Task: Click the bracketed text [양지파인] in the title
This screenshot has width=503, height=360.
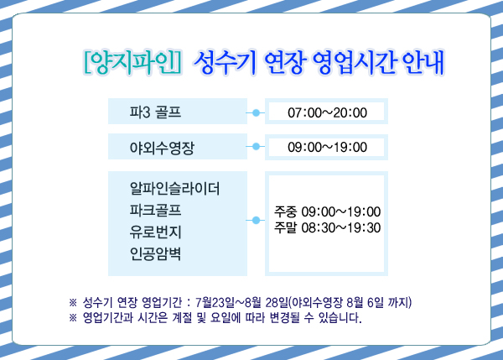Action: click(132, 62)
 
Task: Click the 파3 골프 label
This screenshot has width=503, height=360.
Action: click(155, 112)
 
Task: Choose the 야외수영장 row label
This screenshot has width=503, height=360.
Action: click(162, 148)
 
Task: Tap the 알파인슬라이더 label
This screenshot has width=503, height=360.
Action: click(175, 188)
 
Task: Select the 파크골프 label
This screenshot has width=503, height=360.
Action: click(155, 211)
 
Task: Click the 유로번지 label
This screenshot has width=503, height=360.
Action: click(155, 232)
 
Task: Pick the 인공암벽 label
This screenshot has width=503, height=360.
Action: click(155, 253)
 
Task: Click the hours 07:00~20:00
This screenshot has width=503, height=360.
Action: click(327, 112)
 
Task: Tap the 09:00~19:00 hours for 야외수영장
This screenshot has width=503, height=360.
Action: click(327, 147)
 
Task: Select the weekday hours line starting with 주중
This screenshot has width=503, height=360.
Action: click(327, 211)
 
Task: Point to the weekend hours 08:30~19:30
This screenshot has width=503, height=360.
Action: click(341, 227)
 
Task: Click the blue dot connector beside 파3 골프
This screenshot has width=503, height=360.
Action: click(256, 112)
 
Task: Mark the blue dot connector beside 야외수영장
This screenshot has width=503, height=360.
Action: click(256, 147)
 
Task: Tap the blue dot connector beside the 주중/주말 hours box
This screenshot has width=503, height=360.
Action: click(256, 220)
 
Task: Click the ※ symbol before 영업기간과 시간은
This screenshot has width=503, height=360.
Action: click(73, 318)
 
